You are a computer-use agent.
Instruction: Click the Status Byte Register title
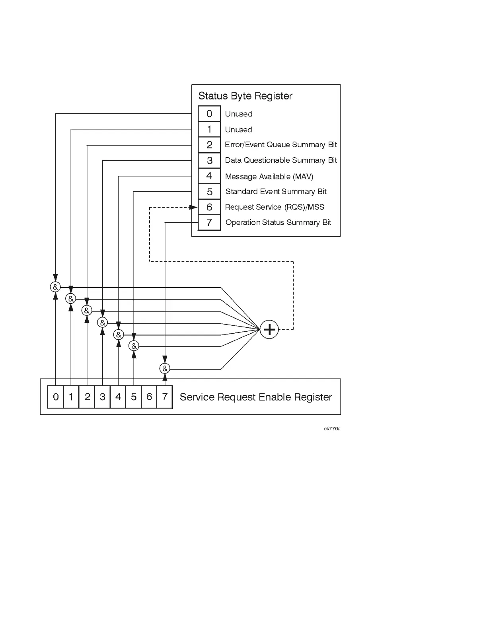[245, 96]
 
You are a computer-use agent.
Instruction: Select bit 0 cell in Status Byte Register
[209, 114]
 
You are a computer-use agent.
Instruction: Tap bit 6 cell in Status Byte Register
[209, 207]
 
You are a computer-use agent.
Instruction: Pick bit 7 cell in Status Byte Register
[209, 222]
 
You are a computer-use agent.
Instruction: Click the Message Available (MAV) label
[269, 177]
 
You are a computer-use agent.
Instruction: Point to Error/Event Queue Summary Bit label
[281, 145]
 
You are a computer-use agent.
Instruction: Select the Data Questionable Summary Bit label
[281, 160]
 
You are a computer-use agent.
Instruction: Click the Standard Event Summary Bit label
[276, 192]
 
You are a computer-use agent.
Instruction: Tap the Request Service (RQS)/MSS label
[275, 207]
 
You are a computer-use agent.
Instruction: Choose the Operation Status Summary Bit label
[278, 223]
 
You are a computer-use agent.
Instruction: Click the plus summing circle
[269, 329]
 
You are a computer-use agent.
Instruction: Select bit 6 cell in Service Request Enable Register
[149, 397]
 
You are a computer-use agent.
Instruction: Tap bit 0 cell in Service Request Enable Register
[56, 397]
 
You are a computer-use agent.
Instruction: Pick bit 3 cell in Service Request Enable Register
[103, 397]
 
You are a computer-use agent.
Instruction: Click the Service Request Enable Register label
[256, 397]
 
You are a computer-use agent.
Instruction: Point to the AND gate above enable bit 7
[165, 369]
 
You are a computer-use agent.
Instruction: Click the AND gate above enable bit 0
[55, 287]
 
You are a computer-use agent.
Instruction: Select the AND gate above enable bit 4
[118, 334]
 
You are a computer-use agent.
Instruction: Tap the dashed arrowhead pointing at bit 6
[193, 207]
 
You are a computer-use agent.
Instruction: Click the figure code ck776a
[332, 429]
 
